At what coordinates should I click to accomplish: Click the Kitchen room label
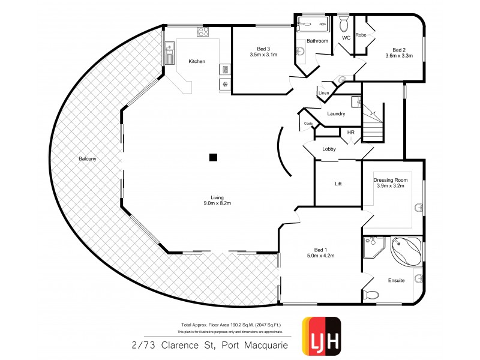197,61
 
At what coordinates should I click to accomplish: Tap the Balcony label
87,159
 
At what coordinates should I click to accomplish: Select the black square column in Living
212,158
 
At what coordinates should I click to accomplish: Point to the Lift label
338,184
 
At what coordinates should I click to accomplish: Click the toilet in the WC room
344,24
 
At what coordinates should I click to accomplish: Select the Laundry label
335,114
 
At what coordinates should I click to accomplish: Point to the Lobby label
329,149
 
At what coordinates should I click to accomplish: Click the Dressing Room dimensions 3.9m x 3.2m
391,186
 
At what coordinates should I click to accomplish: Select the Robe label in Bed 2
361,35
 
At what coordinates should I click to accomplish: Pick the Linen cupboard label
324,93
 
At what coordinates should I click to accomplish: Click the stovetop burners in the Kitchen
204,32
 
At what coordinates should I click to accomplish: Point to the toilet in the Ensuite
373,294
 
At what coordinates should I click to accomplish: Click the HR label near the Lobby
351,133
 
